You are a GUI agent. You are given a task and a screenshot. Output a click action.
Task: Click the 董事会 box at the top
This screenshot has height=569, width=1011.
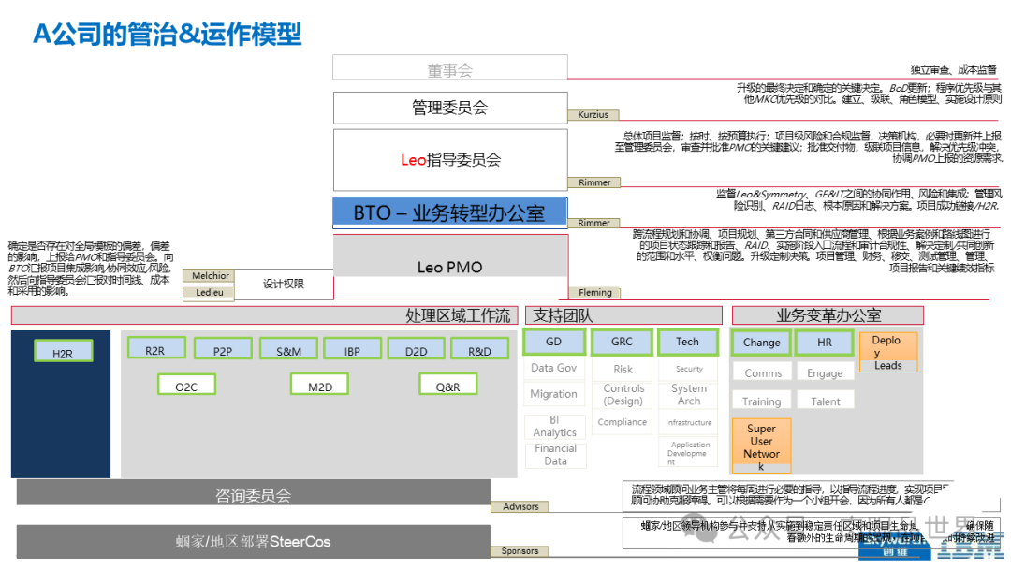pos(450,68)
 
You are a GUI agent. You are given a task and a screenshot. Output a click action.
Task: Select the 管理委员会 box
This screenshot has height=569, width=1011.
pos(450,107)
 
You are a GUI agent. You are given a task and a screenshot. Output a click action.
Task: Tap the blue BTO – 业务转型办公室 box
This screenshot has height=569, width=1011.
pos(450,212)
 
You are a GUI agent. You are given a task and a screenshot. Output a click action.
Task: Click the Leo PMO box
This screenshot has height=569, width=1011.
pos(450,267)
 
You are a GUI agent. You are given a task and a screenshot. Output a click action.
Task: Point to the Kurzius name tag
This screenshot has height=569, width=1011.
pos(593,115)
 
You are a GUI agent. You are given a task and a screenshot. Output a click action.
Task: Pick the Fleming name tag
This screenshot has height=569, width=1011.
pos(595,293)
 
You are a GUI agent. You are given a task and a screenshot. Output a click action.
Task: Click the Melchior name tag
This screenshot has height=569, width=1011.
pos(210,276)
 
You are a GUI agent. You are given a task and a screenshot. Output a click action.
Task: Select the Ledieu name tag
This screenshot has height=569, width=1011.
pos(210,292)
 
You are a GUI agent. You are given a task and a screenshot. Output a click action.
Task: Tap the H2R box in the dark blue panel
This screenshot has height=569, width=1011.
pos(63,353)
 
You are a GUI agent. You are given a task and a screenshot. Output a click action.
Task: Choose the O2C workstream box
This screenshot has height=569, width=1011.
pos(186,385)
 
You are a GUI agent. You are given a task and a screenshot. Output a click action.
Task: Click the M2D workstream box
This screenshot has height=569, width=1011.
pos(319,385)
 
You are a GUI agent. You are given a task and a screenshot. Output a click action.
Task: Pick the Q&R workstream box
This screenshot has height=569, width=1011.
pos(448,385)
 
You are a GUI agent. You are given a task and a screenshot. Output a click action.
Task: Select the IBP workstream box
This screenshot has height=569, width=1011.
pos(352,350)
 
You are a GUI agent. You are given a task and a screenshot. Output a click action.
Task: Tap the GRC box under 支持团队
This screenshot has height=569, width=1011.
pos(623,343)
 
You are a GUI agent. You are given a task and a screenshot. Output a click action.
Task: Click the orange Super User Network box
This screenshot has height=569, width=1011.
pos(761,447)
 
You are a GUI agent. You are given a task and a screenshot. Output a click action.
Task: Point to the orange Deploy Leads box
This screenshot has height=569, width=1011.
pos(887,353)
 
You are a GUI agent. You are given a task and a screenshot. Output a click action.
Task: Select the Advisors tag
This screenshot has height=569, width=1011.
pos(521,506)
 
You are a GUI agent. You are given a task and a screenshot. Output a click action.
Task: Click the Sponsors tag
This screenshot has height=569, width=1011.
pos(520,551)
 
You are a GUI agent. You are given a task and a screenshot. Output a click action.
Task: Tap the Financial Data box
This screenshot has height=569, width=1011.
pos(555,455)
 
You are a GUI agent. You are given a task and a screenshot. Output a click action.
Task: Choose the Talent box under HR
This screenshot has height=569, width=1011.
pos(826,401)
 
